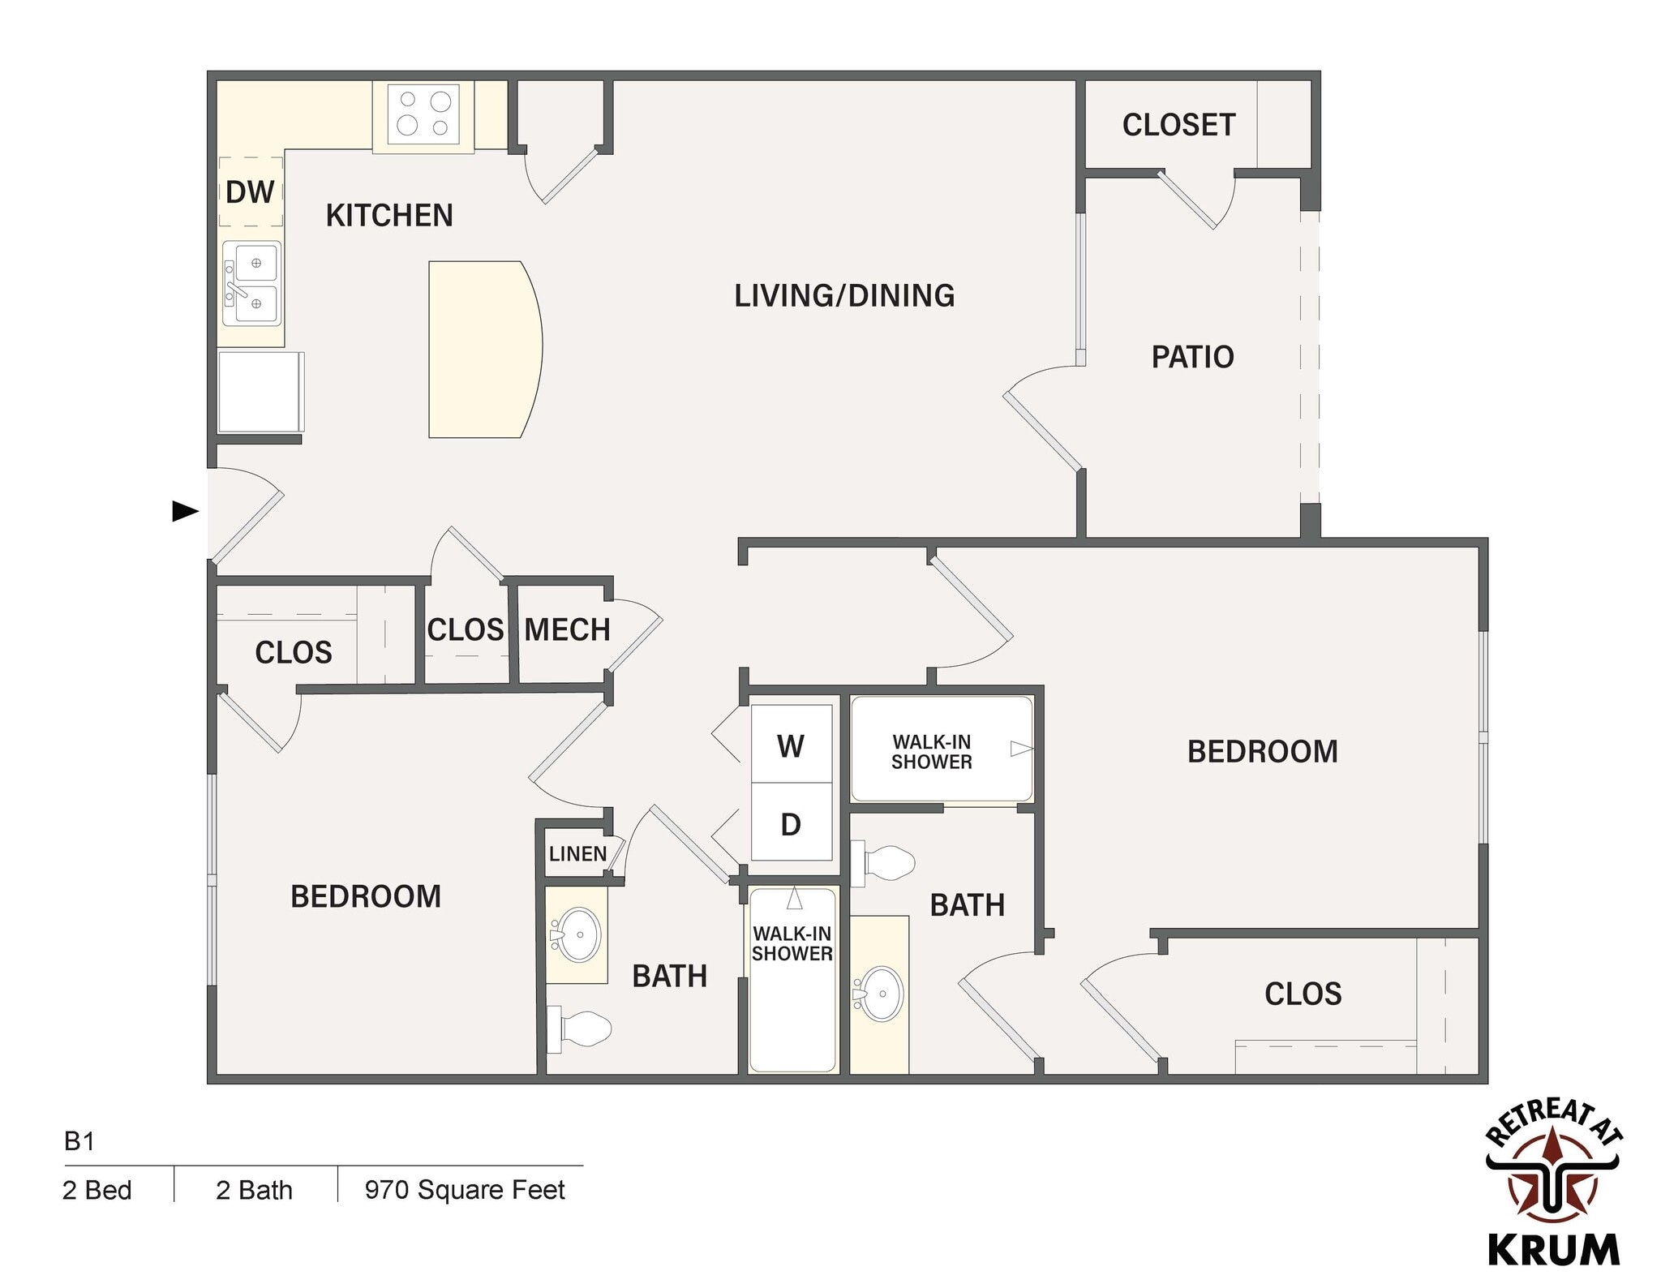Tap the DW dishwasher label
click(250, 192)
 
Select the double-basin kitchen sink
click(252, 283)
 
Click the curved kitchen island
click(483, 349)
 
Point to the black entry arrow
click(185, 511)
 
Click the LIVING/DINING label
click(844, 295)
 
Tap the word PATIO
click(1192, 357)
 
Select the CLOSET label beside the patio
click(1178, 125)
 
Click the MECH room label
click(567, 629)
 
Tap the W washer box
click(791, 745)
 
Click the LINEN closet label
click(577, 853)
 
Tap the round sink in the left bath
click(577, 934)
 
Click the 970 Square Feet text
click(465, 1189)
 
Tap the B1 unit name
click(79, 1141)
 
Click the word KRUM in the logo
click(1553, 1249)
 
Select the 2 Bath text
click(254, 1190)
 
